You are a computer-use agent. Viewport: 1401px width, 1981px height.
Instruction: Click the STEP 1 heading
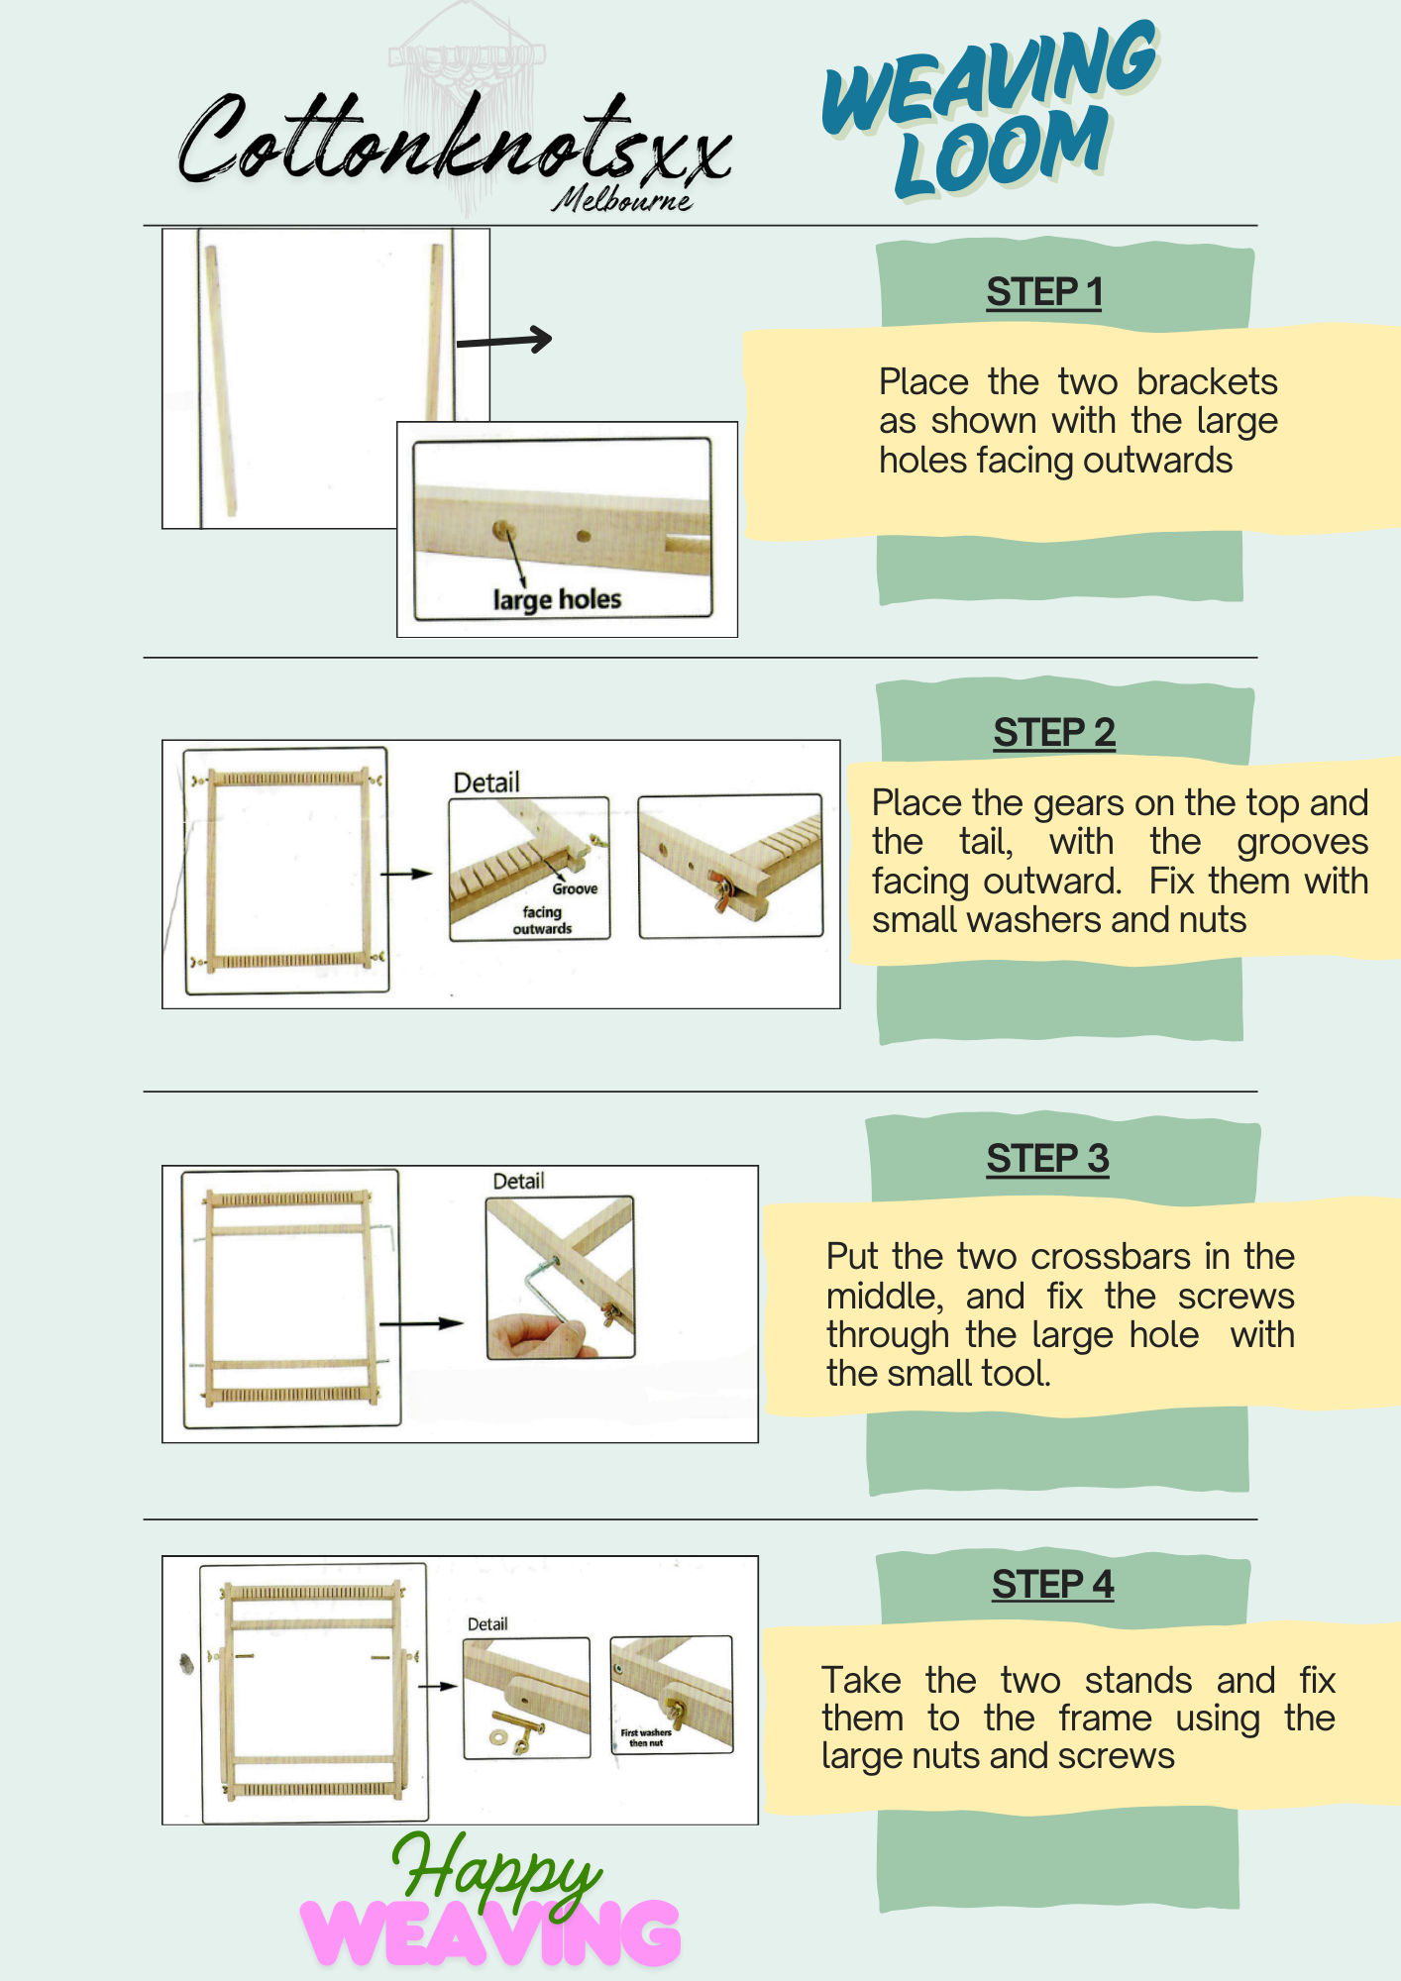1043,292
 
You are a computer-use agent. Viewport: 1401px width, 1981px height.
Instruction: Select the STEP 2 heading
1053,733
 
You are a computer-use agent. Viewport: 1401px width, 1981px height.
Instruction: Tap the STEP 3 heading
1047,1159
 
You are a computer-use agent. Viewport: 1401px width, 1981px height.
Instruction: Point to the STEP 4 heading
1052,1585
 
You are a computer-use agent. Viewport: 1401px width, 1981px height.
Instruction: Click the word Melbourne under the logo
622,200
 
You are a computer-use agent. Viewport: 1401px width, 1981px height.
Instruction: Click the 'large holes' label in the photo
557,599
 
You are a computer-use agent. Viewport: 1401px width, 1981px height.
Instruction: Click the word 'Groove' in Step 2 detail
575,888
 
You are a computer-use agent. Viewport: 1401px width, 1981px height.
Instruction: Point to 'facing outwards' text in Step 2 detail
542,920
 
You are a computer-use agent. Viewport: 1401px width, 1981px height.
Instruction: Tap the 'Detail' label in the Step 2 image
485,782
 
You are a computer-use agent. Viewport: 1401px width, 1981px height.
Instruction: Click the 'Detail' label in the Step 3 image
518,1181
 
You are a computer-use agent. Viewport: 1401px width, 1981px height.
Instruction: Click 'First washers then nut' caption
646,1737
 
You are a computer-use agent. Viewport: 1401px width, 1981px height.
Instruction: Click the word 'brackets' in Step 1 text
1206,382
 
